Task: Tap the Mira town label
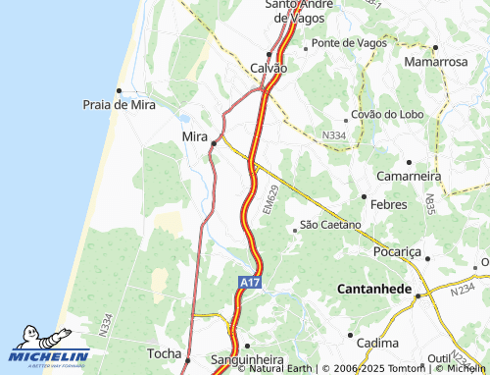(195, 135)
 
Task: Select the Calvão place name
(269, 68)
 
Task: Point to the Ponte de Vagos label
(350, 43)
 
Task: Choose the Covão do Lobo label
(387, 114)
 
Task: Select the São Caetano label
(330, 225)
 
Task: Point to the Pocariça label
(397, 251)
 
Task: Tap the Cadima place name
(377, 343)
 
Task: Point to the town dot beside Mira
(214, 144)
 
